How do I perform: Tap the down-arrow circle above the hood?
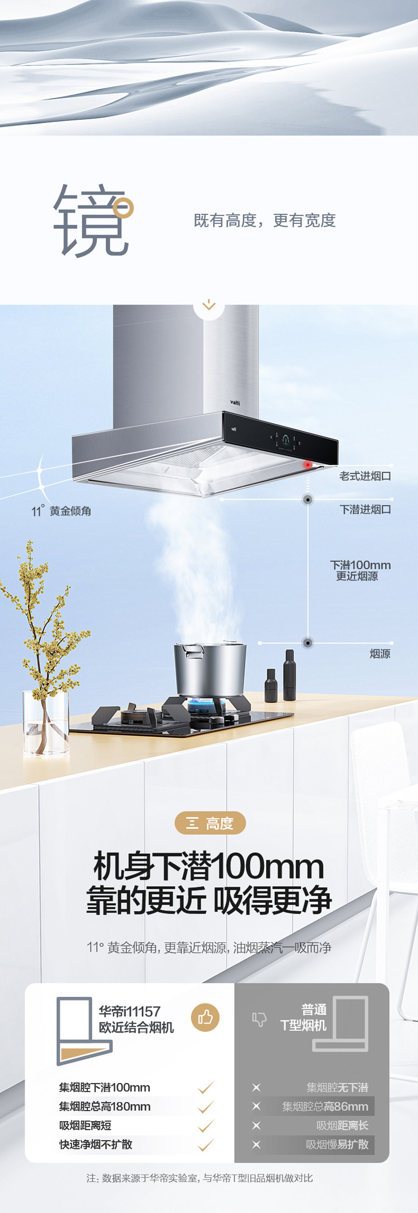pyautogui.click(x=209, y=305)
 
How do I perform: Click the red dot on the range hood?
pyautogui.click(x=307, y=464)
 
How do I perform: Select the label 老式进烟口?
pyautogui.click(x=365, y=476)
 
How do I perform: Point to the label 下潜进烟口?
pyautogui.click(x=365, y=509)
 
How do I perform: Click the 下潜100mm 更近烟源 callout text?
pyautogui.click(x=360, y=570)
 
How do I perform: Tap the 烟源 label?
pyautogui.click(x=380, y=653)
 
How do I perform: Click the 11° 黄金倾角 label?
pyautogui.click(x=61, y=511)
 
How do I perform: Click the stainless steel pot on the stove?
pyautogui.click(x=210, y=669)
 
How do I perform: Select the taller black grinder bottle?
pyautogui.click(x=289, y=674)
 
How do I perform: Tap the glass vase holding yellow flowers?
pyautogui.click(x=46, y=722)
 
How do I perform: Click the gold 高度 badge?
pyautogui.click(x=210, y=823)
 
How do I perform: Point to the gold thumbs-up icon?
pyautogui.click(x=205, y=1018)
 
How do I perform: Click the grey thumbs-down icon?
pyautogui.click(x=259, y=1019)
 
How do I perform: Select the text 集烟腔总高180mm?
pyautogui.click(x=105, y=1107)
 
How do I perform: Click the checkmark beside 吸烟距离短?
pyautogui.click(x=206, y=1126)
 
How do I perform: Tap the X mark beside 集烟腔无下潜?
pyautogui.click(x=256, y=1088)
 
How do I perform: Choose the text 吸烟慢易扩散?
pyautogui.click(x=337, y=1144)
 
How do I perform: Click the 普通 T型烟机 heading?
pyautogui.click(x=304, y=1018)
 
